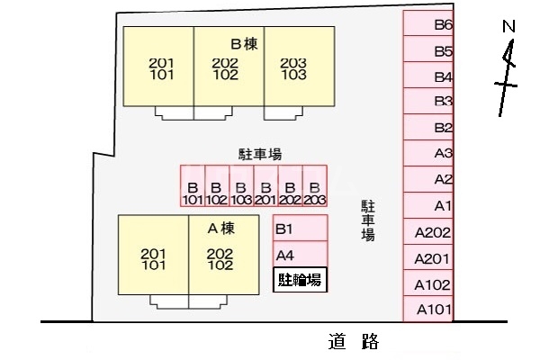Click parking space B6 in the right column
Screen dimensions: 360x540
428,25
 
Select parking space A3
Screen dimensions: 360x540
428,153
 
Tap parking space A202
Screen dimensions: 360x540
428,232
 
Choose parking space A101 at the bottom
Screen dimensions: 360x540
428,310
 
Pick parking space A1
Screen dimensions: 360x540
428,206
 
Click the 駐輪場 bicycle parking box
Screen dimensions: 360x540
300,280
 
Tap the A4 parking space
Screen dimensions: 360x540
300,255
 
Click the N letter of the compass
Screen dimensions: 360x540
508,28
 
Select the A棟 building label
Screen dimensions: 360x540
220,228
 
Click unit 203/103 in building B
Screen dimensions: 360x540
293,68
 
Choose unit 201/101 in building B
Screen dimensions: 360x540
160,68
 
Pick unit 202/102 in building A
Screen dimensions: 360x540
220,259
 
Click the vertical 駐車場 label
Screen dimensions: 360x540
368,220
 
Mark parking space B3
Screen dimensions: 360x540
428,101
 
